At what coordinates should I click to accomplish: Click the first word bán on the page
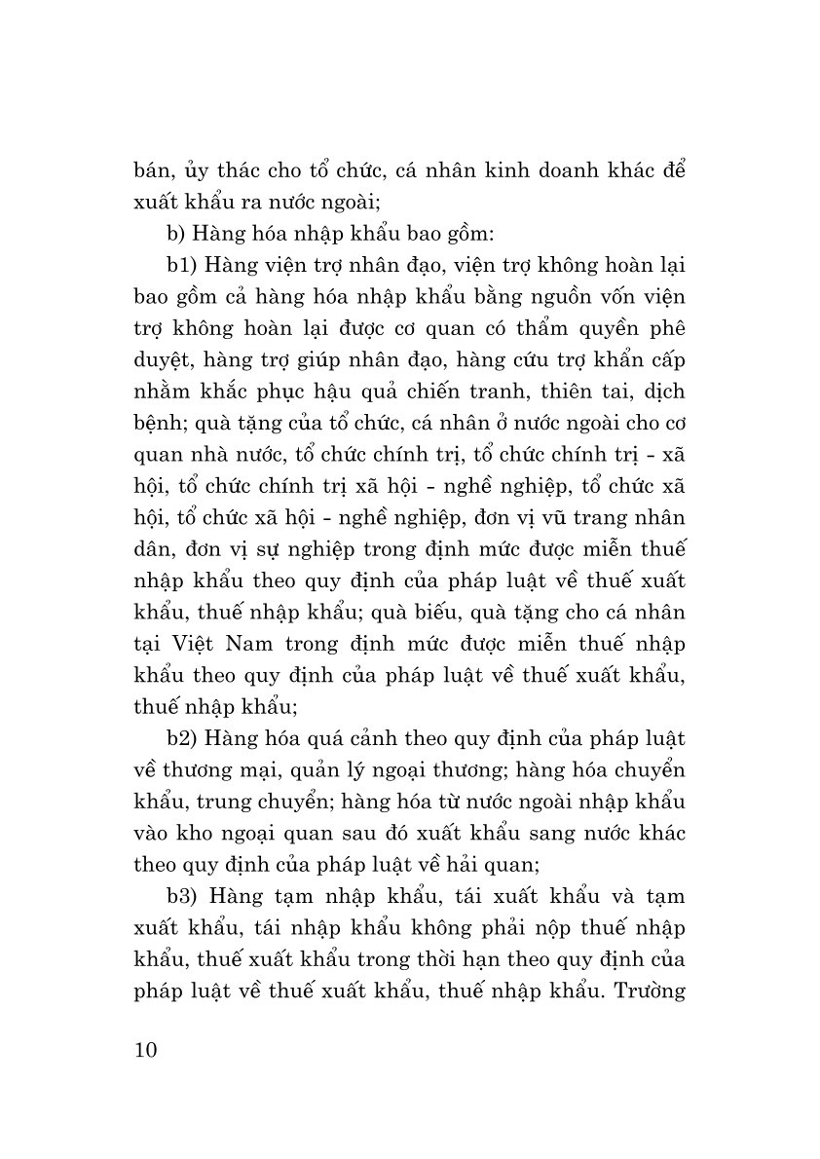[x=152, y=171]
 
